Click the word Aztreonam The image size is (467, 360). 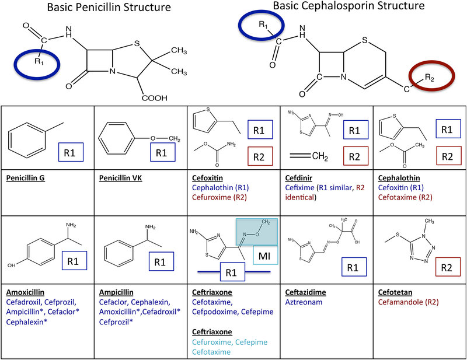(304, 302)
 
